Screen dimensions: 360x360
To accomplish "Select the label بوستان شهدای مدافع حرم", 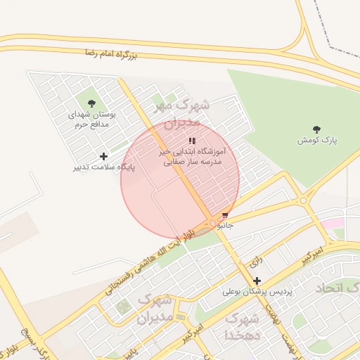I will coord(94,119).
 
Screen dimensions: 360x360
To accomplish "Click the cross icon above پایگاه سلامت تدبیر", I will coord(104,156).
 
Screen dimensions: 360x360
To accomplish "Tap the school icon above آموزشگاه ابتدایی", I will coord(192,141).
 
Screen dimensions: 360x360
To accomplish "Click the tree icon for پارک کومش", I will coord(316,129).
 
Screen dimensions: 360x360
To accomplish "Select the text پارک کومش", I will coord(317,141).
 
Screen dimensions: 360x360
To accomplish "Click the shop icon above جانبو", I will coord(225,215).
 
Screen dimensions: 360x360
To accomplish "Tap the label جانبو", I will coord(225,226).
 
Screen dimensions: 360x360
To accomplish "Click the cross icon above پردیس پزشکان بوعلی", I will coord(257,281).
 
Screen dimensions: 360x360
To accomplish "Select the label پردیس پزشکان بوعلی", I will coord(257,291).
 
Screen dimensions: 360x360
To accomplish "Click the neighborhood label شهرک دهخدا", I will coord(242,327).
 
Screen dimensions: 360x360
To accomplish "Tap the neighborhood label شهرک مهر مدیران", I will coord(181,113).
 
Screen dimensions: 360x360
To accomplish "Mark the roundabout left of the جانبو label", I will coord(212,224).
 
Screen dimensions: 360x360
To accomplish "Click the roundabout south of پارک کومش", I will coord(303,200).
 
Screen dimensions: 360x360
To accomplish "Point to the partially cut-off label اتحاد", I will coord(337,289).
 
